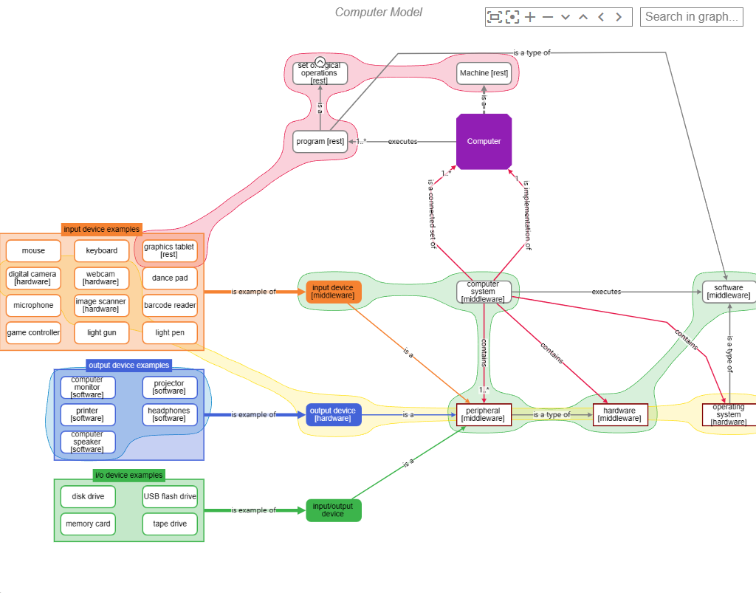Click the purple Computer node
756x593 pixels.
pyautogui.click(x=484, y=141)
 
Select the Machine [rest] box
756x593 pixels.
pyautogui.click(x=484, y=73)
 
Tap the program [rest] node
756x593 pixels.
pyautogui.click(x=320, y=141)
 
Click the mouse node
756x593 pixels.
pyautogui.click(x=33, y=251)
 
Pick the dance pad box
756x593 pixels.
pyautogui.click(x=170, y=278)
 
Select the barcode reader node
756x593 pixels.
pyautogui.click(x=170, y=306)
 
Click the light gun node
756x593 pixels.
pyautogui.click(x=101, y=333)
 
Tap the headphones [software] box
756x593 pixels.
pyautogui.click(x=169, y=414)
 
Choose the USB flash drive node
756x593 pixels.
pyautogui.click(x=170, y=496)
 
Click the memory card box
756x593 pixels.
pyautogui.click(x=88, y=524)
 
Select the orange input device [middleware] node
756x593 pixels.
pyautogui.click(x=333, y=292)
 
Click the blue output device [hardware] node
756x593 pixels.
pyautogui.click(x=333, y=414)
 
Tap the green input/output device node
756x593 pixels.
pyautogui.click(x=333, y=510)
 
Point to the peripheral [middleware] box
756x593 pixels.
pyautogui.click(x=484, y=414)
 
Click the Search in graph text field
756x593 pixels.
pyautogui.click(x=691, y=16)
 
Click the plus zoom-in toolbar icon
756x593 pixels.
pyautogui.click(x=530, y=17)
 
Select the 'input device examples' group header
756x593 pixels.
pyautogui.click(x=101, y=229)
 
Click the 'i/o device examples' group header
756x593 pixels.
pyautogui.click(x=129, y=475)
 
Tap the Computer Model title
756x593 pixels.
pyautogui.click(x=379, y=12)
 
